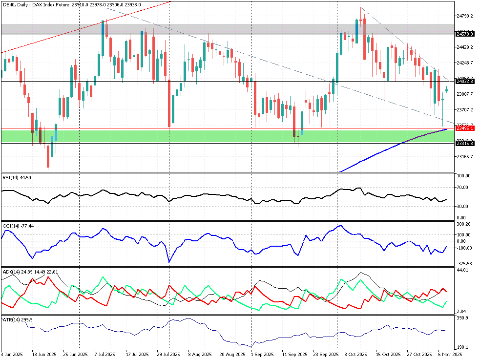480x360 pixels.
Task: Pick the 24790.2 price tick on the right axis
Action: [464, 16]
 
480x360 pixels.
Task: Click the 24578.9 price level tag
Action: [464, 34]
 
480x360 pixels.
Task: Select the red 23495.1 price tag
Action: [464, 128]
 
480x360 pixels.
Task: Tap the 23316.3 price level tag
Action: [464, 143]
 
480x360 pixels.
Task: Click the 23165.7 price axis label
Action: [464, 156]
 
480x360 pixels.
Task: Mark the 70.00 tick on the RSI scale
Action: [462, 188]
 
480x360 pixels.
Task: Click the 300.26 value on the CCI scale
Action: [463, 224]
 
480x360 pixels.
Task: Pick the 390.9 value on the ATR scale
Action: [462, 318]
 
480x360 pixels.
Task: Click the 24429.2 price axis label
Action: [464, 47]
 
